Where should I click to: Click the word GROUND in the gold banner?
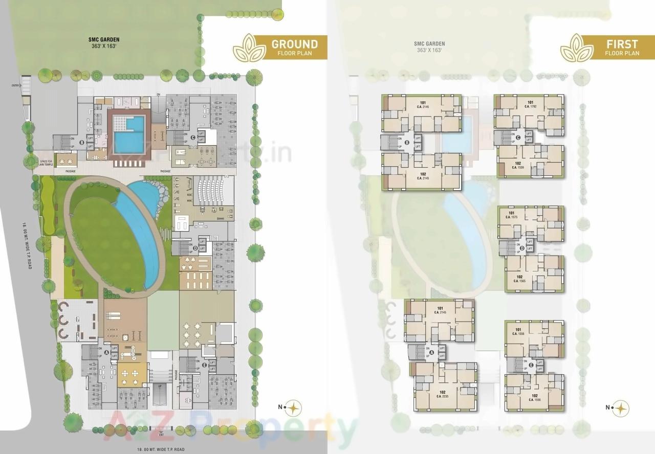[294, 44]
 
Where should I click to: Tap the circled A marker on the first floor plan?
[431, 352]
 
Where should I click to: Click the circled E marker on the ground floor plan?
[204, 365]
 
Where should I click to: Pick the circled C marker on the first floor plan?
[517, 137]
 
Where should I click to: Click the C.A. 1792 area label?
[530, 107]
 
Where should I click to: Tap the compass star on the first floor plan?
[620, 407]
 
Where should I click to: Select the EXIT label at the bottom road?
[161, 436]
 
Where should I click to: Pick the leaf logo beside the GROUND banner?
[249, 47]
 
